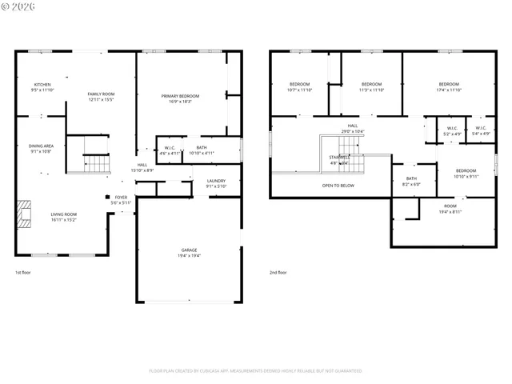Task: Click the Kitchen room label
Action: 42,87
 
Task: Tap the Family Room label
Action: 101,97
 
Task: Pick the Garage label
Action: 189,253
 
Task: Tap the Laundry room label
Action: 216,183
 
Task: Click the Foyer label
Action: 121,199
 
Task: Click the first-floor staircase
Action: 97,164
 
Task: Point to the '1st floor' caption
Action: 23,273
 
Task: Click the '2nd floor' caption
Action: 278,273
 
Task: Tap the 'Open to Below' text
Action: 338,186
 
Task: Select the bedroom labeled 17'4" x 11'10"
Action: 449,86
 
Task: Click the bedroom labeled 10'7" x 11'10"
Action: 299,86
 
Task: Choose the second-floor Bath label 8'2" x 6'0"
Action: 411,181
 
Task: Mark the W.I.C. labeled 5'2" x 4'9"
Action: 452,131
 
